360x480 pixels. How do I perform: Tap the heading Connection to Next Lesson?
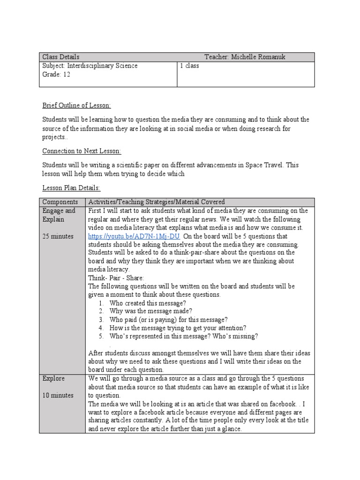pyautogui.click(x=82, y=151)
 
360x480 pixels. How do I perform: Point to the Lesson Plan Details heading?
pyautogui.click(x=71, y=187)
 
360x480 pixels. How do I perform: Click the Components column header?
pyautogui.click(x=60, y=202)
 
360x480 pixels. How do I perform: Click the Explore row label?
pyautogui.click(x=54, y=378)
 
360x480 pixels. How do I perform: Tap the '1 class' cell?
pyautogui.click(x=189, y=66)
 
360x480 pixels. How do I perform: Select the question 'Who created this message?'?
pyautogui.click(x=148, y=303)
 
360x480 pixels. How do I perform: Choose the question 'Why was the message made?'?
pyautogui.click(x=150, y=311)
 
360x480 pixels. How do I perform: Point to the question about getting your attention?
pyautogui.click(x=178, y=328)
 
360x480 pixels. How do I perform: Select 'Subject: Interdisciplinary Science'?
pyautogui.click(x=90, y=66)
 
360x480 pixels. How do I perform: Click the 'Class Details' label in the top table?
pyautogui.click(x=61, y=57)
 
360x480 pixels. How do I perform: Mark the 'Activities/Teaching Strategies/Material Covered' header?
pyautogui.click(x=157, y=202)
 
